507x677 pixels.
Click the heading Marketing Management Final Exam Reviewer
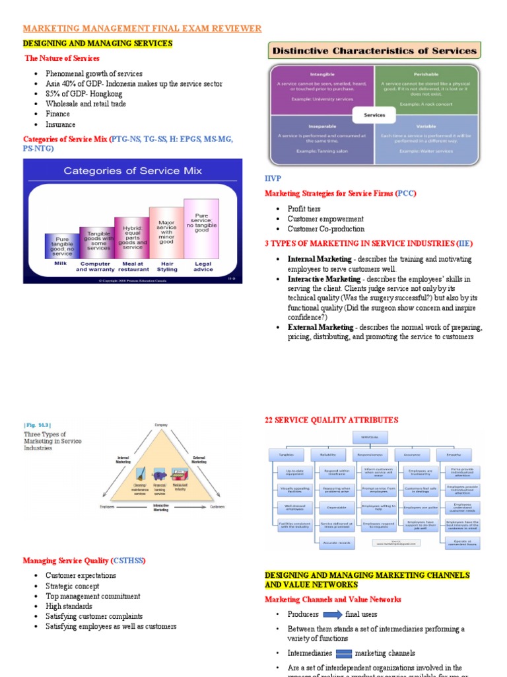(x=143, y=28)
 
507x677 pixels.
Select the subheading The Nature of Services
(x=62, y=58)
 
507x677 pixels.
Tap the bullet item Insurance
(x=60, y=124)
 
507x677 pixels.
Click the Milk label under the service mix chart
(x=61, y=263)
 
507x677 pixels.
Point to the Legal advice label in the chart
(x=203, y=266)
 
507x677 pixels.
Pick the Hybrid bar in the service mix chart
(x=132, y=237)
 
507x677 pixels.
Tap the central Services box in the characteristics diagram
(x=374, y=114)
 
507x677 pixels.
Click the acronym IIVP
(x=273, y=179)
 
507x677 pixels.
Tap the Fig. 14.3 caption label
(x=37, y=425)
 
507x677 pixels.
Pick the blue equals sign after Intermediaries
(x=344, y=654)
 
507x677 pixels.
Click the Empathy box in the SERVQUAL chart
(x=454, y=454)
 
